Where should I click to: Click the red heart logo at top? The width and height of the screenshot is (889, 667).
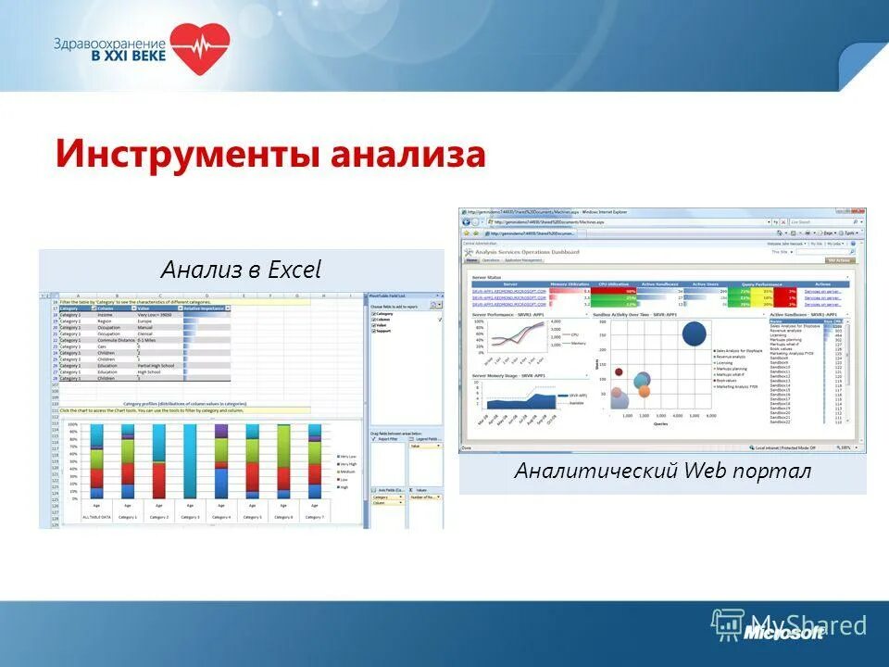pyautogui.click(x=199, y=49)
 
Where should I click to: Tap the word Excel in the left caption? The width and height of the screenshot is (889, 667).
pyautogui.click(x=294, y=270)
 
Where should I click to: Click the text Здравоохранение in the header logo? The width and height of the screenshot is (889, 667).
pyautogui.click(x=109, y=43)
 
